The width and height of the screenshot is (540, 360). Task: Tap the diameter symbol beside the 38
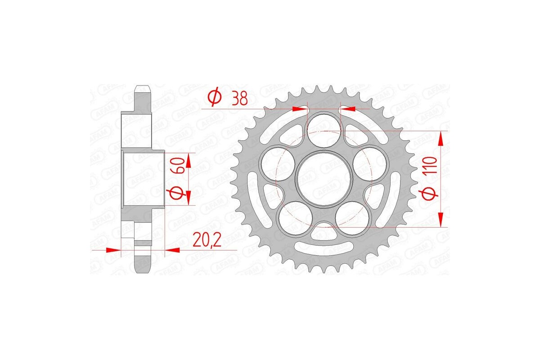pos(214,98)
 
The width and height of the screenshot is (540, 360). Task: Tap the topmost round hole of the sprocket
pos(324,129)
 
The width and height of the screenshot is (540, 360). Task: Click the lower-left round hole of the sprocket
pos(295,217)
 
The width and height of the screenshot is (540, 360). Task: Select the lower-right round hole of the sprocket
pos(352,217)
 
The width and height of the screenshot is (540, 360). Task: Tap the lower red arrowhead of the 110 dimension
pos(442,220)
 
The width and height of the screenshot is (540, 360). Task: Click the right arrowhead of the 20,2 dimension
pos(173,249)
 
